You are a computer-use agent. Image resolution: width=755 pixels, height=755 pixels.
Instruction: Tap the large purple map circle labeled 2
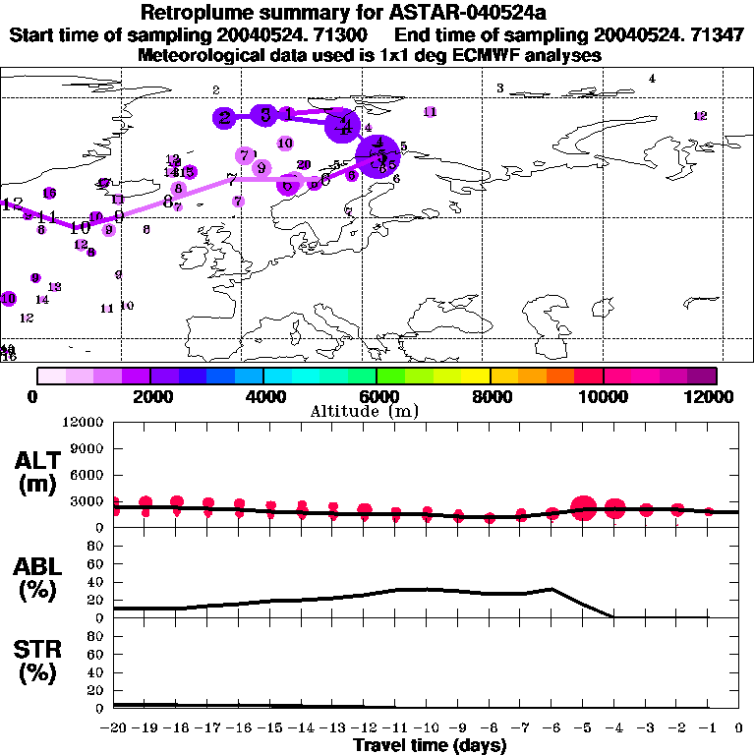coord(225,118)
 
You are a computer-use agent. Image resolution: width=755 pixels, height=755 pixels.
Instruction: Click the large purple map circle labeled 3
coord(264,115)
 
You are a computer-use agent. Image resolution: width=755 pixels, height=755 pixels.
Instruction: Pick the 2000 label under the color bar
coord(149,396)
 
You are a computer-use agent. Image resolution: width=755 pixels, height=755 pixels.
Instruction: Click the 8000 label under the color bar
coord(490,396)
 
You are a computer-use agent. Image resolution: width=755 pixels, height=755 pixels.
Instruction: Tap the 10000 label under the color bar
coord(604,396)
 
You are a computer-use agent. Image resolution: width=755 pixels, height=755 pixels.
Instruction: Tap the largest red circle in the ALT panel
coord(584,509)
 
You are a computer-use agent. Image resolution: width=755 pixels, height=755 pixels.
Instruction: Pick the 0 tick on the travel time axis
coord(739,727)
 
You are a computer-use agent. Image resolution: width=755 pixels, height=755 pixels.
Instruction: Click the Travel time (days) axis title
coord(430,745)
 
